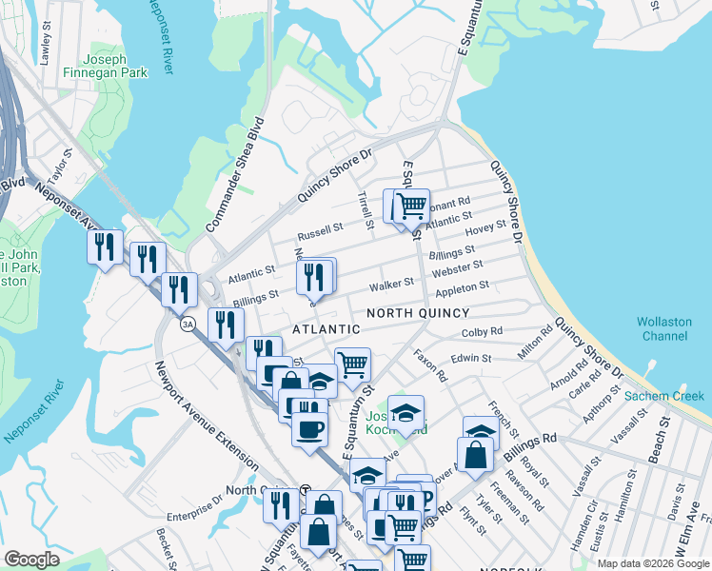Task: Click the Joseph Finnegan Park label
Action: coord(92,65)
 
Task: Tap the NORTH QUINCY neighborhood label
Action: coord(418,313)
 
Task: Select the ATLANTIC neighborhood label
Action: coord(326,329)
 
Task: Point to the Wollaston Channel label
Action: coord(664,329)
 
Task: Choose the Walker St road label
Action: coord(392,283)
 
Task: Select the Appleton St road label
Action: coord(462,285)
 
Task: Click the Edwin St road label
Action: coord(470,359)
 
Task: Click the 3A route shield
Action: coord(188,322)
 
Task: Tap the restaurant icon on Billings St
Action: coord(316,276)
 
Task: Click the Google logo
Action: coord(31,560)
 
